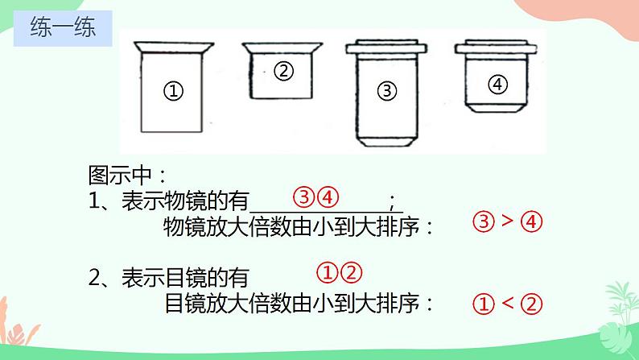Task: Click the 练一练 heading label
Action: coord(63,27)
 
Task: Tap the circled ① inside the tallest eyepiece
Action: coord(173,90)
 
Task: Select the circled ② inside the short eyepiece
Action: coord(283,71)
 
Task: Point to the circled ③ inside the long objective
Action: coord(387,90)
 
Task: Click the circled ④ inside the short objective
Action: coord(497,85)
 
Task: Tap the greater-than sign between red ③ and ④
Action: coord(507,221)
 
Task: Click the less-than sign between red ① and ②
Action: coord(507,303)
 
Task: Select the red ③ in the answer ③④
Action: coord(304,197)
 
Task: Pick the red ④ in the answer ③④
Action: coord(328,197)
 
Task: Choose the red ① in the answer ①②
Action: coord(328,273)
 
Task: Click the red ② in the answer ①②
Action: coord(352,273)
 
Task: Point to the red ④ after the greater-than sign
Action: coord(531,221)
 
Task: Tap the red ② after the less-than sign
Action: coord(531,304)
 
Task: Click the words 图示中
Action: coord(120,176)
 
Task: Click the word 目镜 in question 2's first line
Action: coord(185,278)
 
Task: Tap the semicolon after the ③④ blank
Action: coord(392,202)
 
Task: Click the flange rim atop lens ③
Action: coord(386,48)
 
